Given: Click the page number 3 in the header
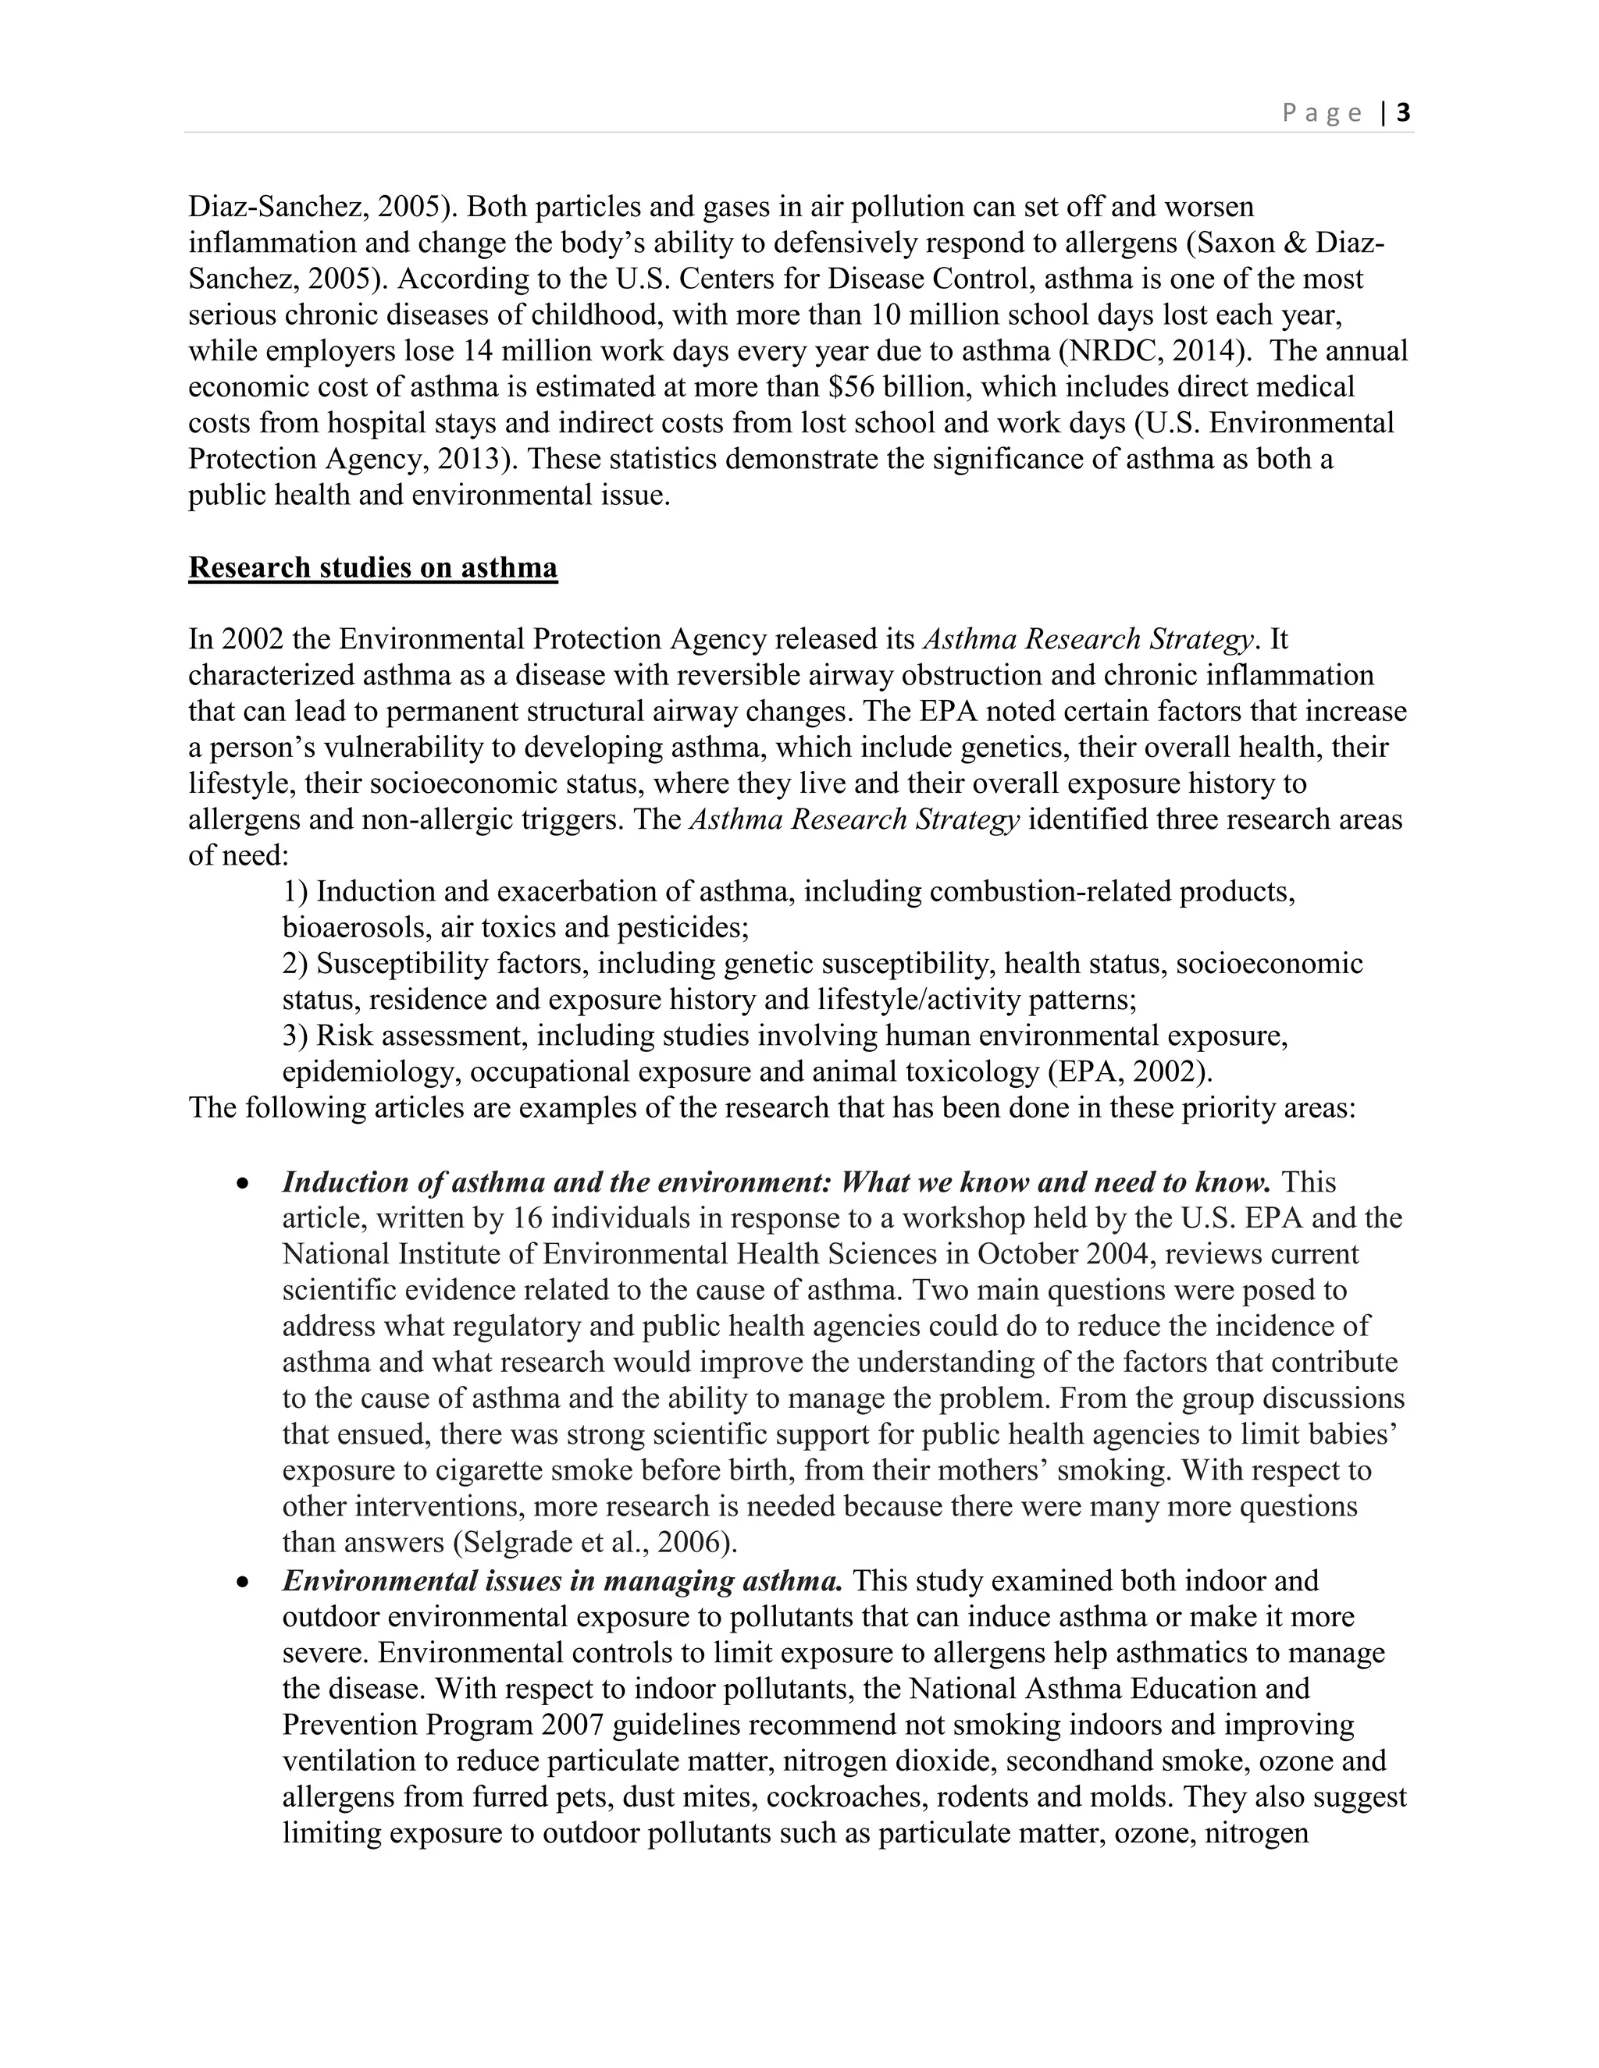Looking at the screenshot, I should click(1404, 114).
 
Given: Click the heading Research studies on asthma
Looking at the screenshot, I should click(372, 568).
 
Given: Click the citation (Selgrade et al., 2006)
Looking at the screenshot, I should click(595, 1543).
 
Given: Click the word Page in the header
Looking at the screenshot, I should click(1323, 114).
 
